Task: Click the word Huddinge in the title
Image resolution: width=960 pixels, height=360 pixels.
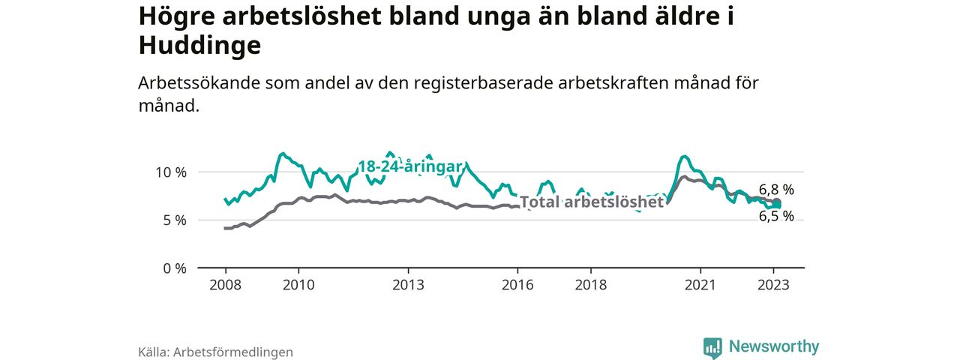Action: (x=199, y=46)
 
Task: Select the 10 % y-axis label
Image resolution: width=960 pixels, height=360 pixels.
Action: (x=171, y=172)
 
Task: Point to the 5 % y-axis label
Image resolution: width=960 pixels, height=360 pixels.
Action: (x=175, y=220)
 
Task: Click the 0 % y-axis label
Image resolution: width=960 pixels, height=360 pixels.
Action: (x=175, y=268)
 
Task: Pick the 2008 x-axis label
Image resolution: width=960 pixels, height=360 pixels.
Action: (x=225, y=285)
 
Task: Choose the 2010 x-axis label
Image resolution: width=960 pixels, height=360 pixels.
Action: (x=298, y=285)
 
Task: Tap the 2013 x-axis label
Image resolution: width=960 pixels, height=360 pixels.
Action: (x=408, y=285)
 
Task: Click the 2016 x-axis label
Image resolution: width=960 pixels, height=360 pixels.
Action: (x=517, y=285)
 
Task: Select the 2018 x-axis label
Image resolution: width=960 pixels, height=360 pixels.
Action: (x=591, y=285)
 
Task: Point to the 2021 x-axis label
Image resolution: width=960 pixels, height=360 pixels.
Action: (x=700, y=285)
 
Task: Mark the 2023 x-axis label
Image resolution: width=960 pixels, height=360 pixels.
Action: (x=774, y=285)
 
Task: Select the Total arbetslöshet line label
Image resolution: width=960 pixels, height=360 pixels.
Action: (x=592, y=202)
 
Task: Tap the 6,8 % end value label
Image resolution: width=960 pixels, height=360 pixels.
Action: (x=776, y=190)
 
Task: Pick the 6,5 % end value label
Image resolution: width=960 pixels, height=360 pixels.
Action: (x=776, y=216)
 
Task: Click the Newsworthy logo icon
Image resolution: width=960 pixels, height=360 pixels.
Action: (x=712, y=347)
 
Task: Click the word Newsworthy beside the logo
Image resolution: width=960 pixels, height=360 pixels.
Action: (x=773, y=346)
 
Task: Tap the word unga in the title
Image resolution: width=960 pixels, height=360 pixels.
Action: (x=445, y=16)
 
